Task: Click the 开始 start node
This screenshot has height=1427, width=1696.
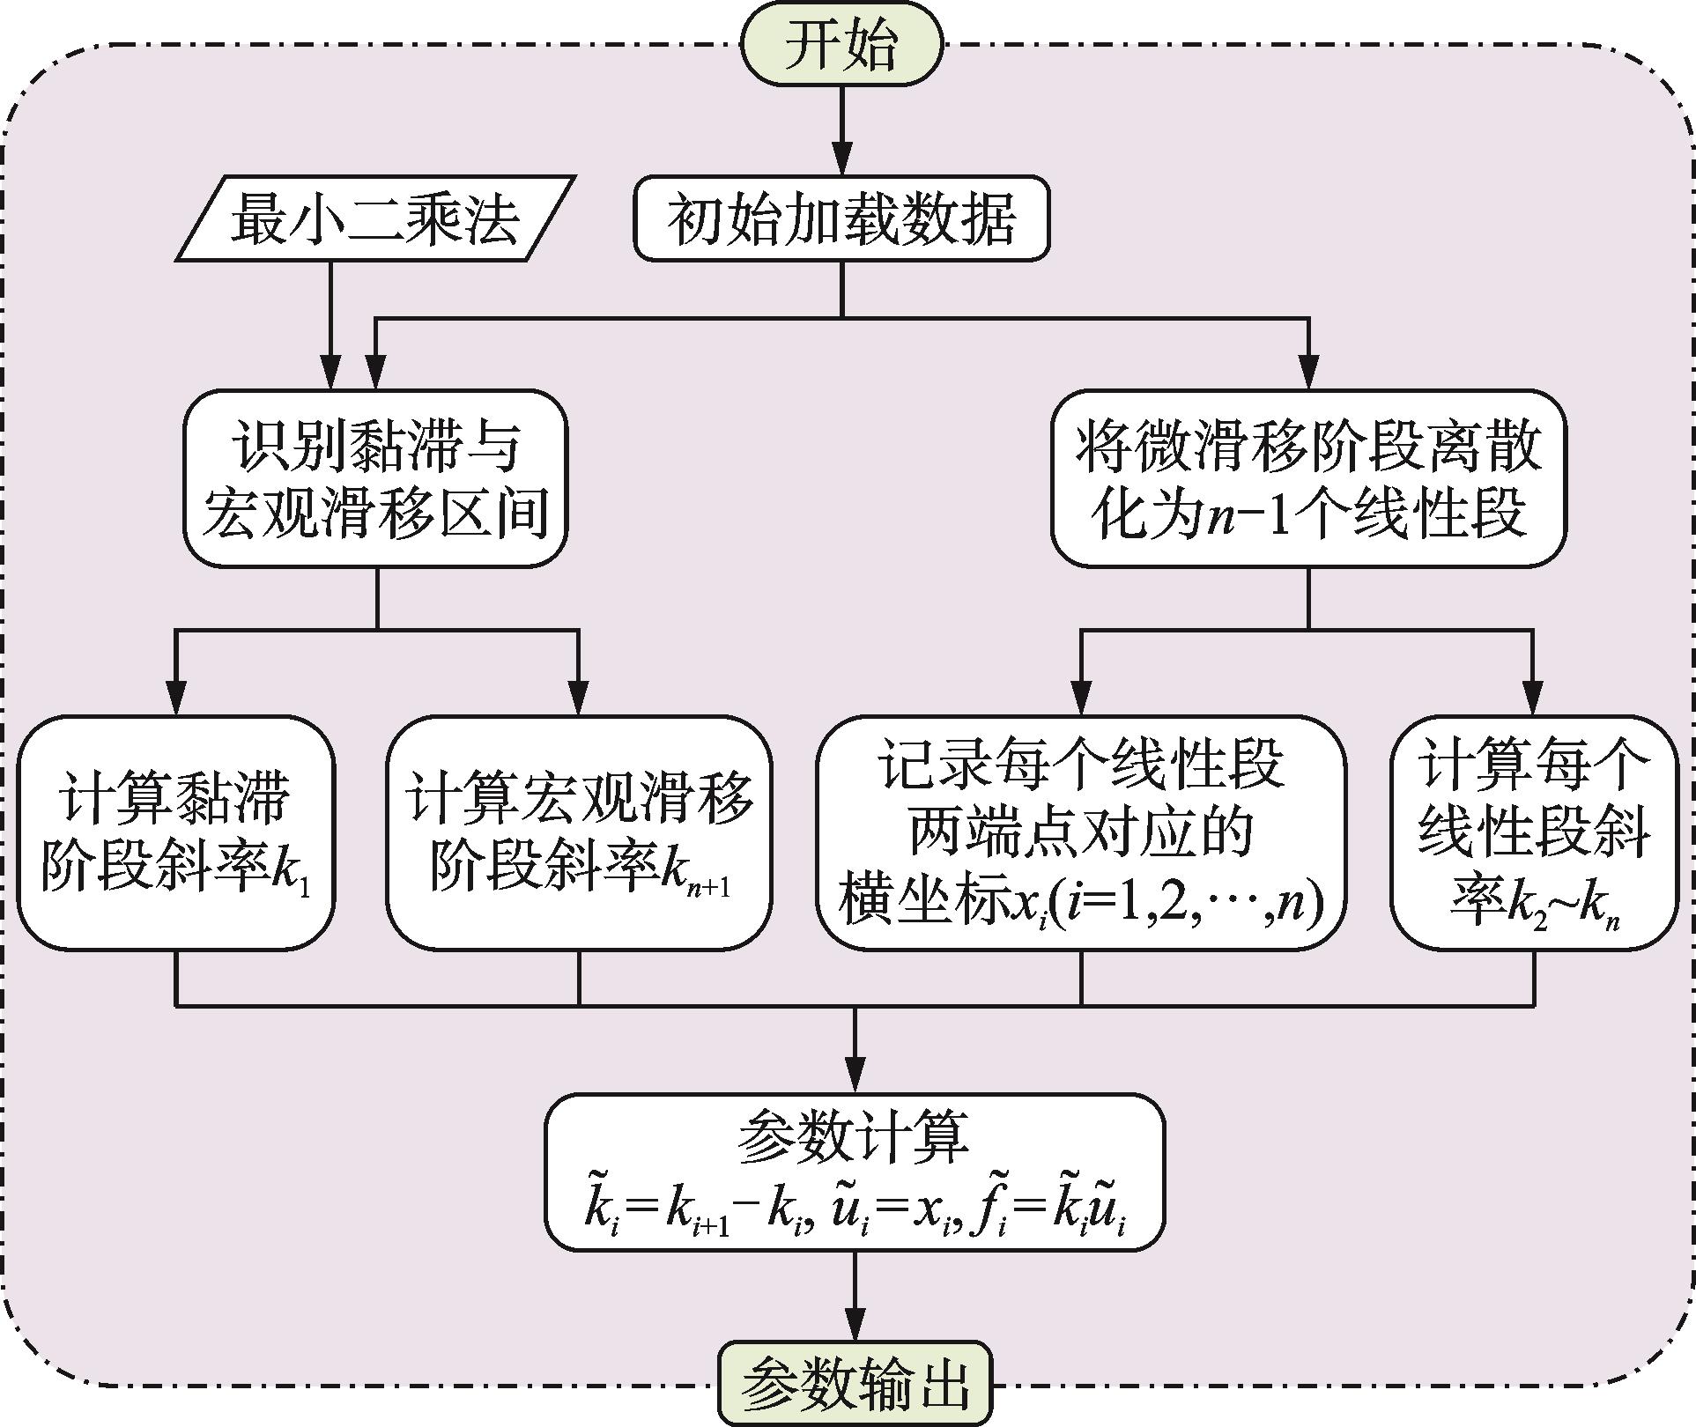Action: [841, 45]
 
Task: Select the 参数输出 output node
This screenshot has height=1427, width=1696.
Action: [855, 1386]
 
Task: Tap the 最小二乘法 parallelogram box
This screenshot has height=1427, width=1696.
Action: [375, 218]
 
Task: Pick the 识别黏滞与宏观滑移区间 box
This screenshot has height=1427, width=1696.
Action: [375, 478]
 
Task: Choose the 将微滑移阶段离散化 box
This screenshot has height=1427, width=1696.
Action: [1308, 478]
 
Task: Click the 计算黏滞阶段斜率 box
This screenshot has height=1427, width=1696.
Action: [176, 832]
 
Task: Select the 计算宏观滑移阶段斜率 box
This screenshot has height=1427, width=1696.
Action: [579, 832]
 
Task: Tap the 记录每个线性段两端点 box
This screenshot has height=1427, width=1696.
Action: [1081, 832]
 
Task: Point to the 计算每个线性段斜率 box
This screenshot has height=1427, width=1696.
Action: [1534, 832]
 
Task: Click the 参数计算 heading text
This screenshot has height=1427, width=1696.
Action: [854, 1137]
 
